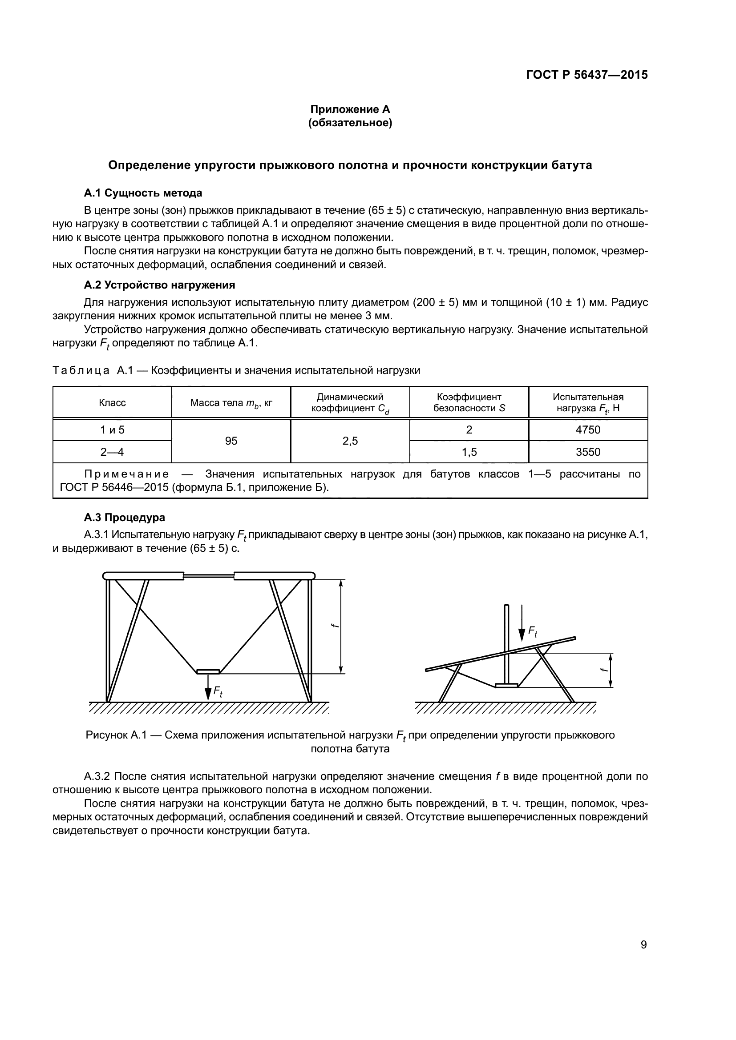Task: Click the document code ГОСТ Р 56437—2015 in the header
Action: point(587,75)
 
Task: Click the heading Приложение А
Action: point(350,109)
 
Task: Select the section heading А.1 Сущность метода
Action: point(143,193)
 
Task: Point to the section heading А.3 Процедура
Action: point(124,517)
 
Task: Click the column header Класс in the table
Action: point(112,403)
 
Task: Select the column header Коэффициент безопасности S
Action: point(469,402)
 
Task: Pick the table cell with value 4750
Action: point(588,430)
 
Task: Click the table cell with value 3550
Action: point(588,452)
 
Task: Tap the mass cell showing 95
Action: point(231,441)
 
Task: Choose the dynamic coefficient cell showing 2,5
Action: point(350,441)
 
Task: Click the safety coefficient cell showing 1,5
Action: point(469,452)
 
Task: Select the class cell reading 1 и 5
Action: point(112,430)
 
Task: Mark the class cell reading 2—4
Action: point(112,452)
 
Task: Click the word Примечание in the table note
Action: point(126,474)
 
